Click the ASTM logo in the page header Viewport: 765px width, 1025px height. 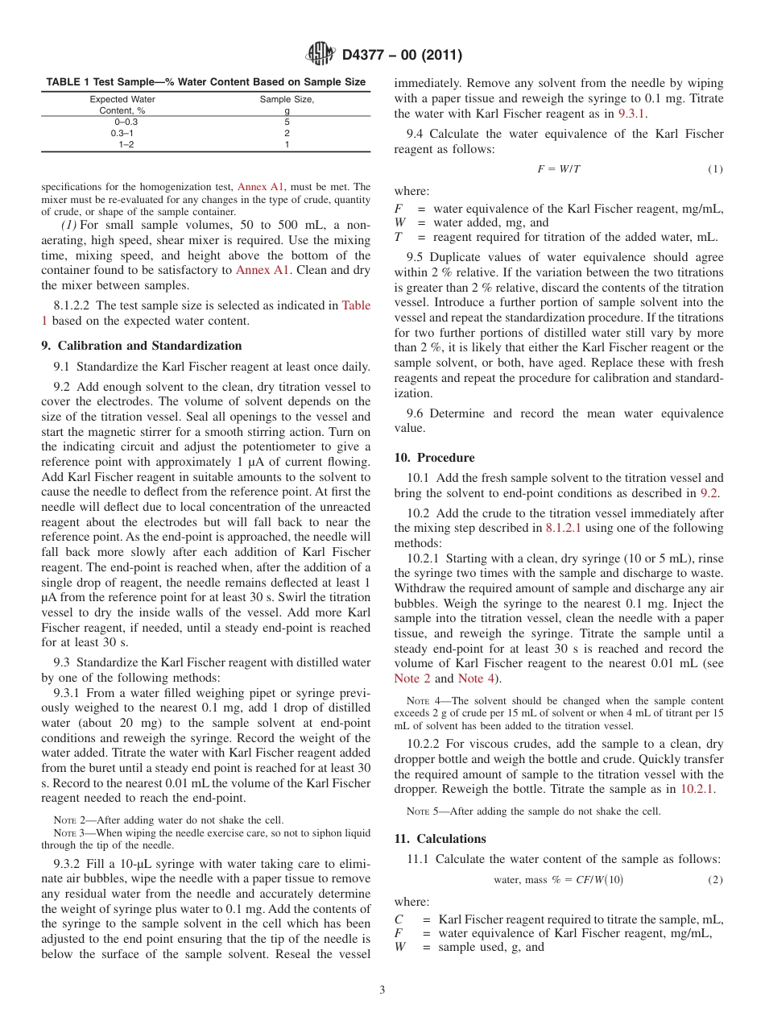click(x=322, y=55)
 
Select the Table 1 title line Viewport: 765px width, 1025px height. click(x=205, y=82)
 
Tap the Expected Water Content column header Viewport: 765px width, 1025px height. click(x=122, y=105)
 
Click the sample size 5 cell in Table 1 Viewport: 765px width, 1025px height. click(x=287, y=122)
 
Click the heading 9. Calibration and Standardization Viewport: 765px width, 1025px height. click(x=142, y=346)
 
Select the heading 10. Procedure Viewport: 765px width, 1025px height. click(x=434, y=458)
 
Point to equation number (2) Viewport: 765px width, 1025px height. click(x=715, y=880)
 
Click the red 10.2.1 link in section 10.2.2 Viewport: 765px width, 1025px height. click(x=697, y=789)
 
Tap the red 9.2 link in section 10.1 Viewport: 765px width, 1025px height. click(x=709, y=493)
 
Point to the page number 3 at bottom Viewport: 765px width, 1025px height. click(x=382, y=990)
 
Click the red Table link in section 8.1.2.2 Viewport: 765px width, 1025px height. click(x=356, y=305)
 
